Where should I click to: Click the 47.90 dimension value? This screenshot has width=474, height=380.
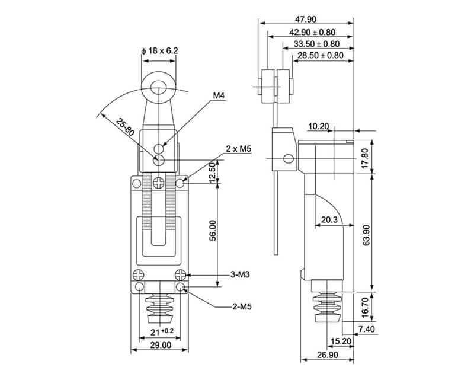tap(307, 19)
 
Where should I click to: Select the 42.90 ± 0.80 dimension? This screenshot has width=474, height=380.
tap(312, 32)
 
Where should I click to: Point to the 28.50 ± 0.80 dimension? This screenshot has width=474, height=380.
tap(321, 56)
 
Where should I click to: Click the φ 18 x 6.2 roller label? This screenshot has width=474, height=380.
tap(159, 52)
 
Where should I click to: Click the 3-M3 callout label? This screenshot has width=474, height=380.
tap(240, 274)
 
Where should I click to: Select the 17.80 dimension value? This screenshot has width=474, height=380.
tap(366, 157)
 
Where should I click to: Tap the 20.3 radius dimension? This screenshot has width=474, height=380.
tap(329, 219)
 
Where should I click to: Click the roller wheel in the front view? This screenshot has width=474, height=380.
tap(159, 90)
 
